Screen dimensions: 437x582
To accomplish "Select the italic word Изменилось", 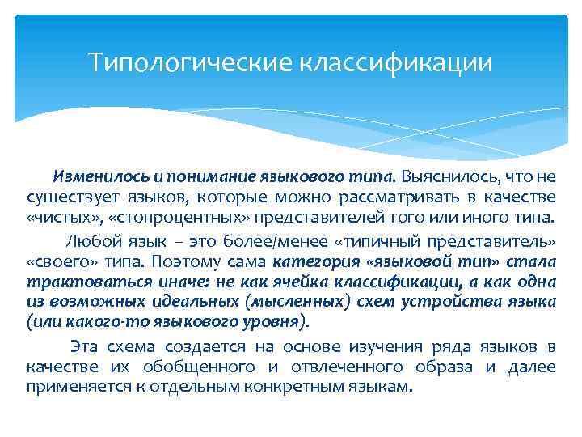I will [90, 176].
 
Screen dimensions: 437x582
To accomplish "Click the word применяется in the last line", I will [74, 388].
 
